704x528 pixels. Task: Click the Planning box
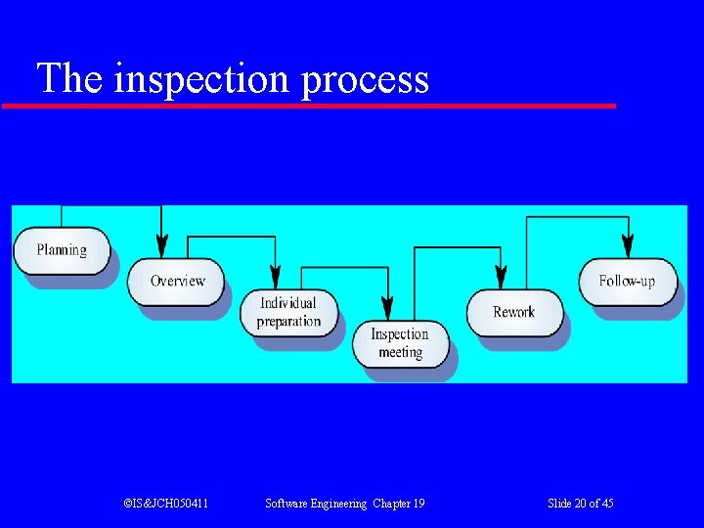pos(61,250)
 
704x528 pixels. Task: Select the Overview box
pos(176,282)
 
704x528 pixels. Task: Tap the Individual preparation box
pos(288,312)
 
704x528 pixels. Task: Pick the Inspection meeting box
pos(400,343)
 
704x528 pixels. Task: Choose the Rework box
pos(513,312)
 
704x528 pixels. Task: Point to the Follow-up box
pos(627,281)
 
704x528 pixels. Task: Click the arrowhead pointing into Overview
pos(162,247)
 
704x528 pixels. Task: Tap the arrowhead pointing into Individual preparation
pos(276,279)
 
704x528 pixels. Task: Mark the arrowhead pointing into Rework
pos(501,279)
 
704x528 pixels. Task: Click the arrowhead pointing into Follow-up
pos(628,247)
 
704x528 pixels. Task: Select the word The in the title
pos(69,78)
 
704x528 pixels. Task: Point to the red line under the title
pos(309,105)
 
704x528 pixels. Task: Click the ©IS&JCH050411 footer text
pos(165,504)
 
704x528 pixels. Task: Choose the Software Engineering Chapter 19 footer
pos(345,504)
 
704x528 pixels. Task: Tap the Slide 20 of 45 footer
pos(581,504)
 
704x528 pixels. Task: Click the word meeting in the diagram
pos(400,352)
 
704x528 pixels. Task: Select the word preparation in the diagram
pos(288,322)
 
